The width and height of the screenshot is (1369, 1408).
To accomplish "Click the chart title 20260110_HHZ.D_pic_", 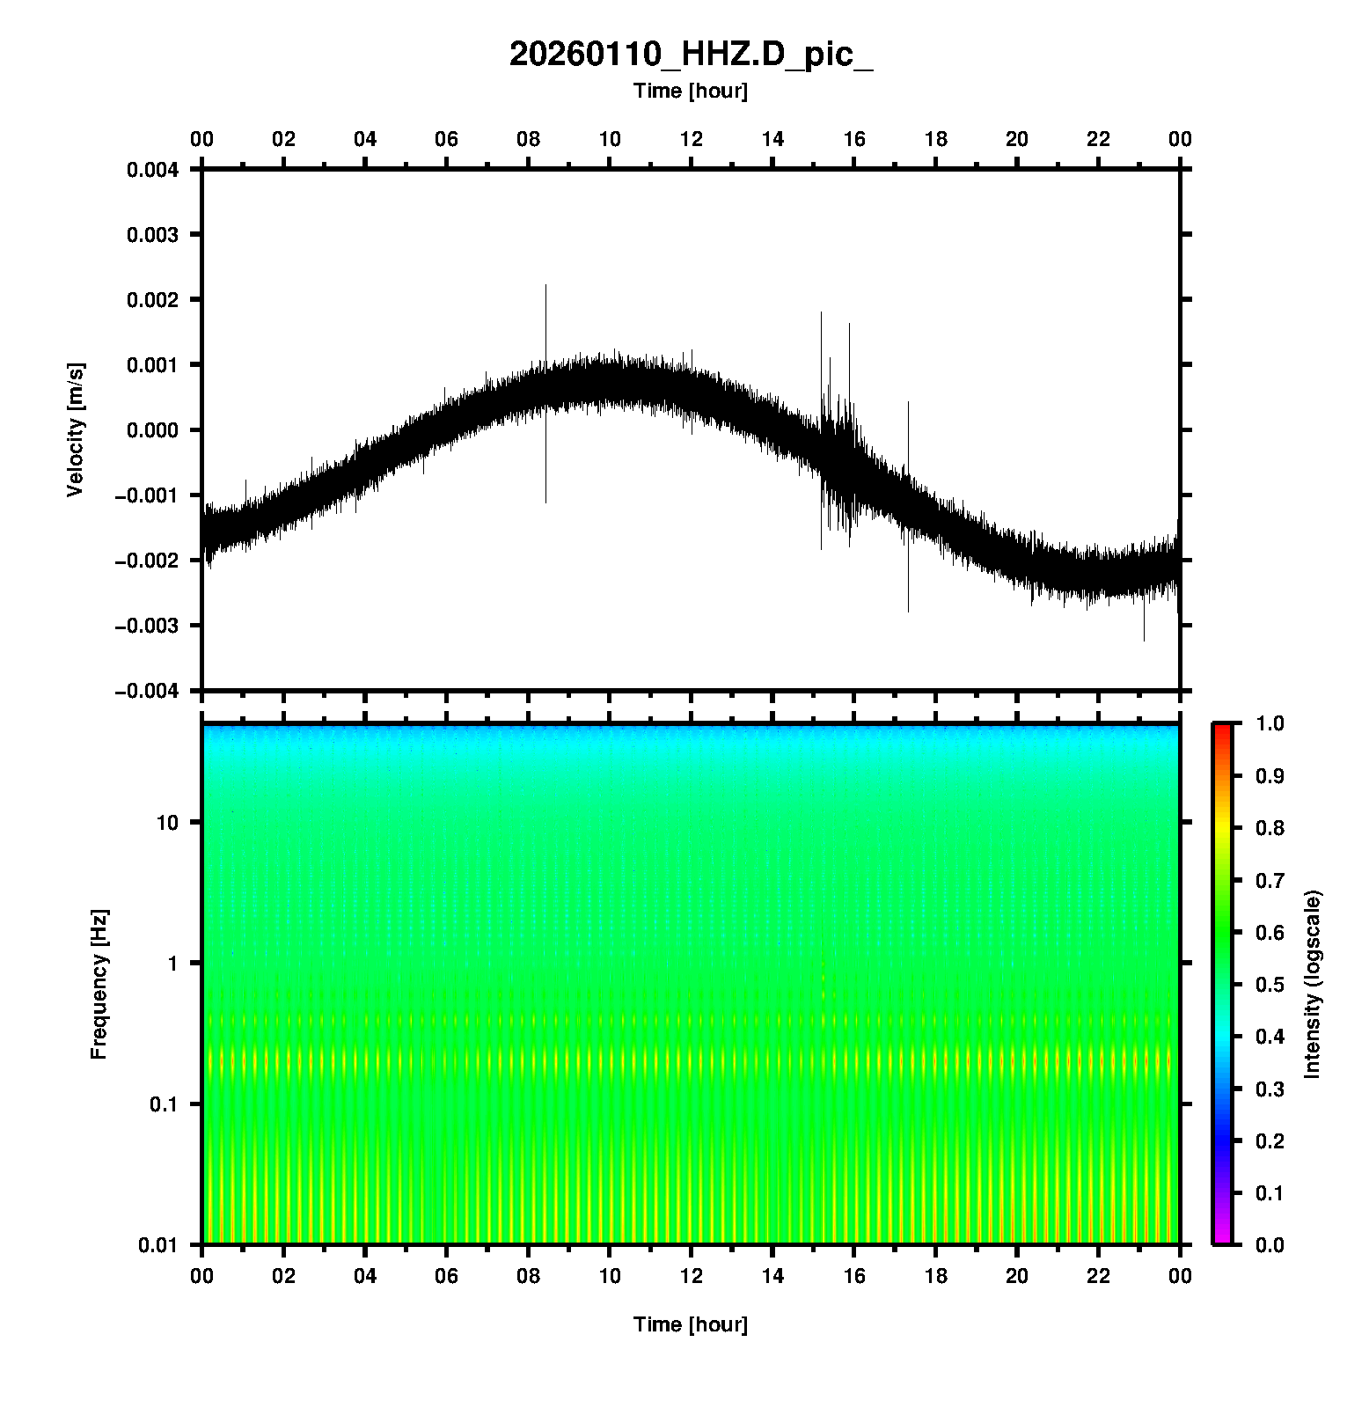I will [691, 55].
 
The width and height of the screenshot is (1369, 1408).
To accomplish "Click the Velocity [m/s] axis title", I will [76, 429].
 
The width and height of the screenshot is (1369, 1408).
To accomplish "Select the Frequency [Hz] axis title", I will [99, 985].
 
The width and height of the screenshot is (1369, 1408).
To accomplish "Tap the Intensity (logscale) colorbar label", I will [1313, 984].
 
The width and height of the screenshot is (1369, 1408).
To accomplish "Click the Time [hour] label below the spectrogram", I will [691, 1324].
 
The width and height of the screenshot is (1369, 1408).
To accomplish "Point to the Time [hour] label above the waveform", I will [691, 91].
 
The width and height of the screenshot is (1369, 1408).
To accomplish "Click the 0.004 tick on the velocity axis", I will [153, 170].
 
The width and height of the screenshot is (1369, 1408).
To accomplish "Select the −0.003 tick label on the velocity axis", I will [147, 626].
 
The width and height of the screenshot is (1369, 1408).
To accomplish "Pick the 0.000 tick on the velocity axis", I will [153, 430].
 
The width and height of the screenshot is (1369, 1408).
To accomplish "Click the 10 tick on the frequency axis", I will [167, 823].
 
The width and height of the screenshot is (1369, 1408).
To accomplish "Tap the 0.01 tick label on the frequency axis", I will [160, 1245].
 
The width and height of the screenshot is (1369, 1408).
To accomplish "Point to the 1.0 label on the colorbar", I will [1269, 723].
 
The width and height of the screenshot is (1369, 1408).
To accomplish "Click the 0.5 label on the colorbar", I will [1269, 985].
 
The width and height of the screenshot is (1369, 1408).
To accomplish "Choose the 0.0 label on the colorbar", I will [1269, 1245].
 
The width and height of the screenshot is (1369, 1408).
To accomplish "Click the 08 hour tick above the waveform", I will [528, 139].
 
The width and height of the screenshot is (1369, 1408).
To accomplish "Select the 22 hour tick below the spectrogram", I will [1099, 1276].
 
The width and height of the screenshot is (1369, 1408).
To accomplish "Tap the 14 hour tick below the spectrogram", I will [772, 1276].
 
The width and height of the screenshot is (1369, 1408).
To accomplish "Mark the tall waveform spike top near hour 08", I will [545, 286].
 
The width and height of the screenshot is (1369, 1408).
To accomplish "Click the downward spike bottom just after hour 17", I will [908, 611].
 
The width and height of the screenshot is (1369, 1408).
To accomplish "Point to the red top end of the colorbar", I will [1221, 727].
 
